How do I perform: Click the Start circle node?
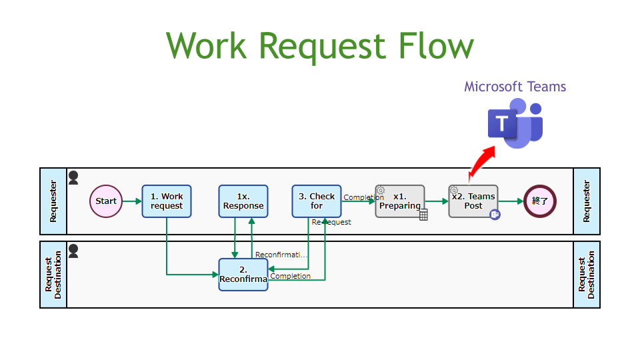(x=106, y=201)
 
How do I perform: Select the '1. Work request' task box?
(x=167, y=201)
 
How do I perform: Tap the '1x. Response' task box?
(x=243, y=201)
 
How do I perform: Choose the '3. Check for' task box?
(x=317, y=201)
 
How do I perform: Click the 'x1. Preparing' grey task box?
(x=400, y=201)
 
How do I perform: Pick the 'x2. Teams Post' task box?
(x=473, y=201)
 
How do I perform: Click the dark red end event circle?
(x=540, y=201)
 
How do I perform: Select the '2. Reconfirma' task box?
(x=243, y=274)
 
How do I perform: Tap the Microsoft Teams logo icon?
(x=515, y=124)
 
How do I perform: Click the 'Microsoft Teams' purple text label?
(x=515, y=87)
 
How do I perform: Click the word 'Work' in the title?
(x=207, y=46)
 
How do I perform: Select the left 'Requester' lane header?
(x=53, y=201)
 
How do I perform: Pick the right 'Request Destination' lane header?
(x=587, y=274)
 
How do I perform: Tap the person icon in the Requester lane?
(x=73, y=177)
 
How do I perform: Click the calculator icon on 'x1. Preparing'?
(x=423, y=214)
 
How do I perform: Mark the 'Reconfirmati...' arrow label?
(x=282, y=255)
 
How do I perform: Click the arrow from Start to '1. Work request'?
(x=132, y=201)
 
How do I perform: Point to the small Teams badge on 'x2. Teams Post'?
(x=495, y=214)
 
